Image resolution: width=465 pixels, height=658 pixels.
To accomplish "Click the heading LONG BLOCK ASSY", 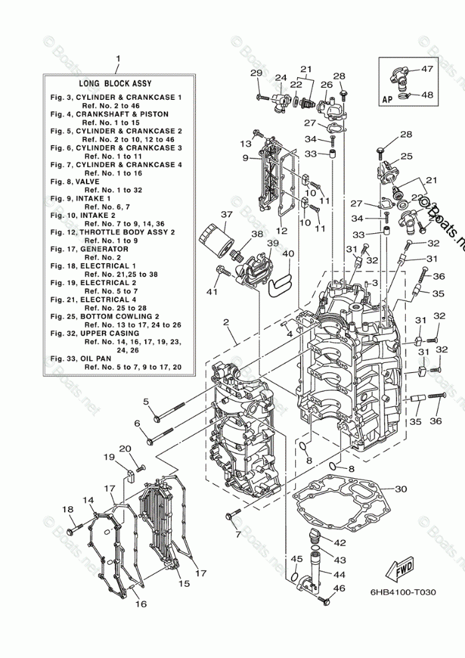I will [115, 84].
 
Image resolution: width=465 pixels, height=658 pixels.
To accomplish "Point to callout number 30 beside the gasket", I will [400, 489].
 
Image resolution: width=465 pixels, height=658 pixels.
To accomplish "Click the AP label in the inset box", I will [387, 99].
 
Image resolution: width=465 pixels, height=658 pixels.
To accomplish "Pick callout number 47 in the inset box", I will [427, 69].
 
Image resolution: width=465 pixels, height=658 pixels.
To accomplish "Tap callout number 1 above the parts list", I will [117, 59].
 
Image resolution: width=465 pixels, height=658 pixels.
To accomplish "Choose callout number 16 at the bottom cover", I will [141, 603].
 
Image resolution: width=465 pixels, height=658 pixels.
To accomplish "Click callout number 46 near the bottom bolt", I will [340, 588].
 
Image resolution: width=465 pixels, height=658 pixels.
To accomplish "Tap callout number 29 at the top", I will [256, 73].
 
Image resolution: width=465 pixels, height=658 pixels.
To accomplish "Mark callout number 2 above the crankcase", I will [227, 322].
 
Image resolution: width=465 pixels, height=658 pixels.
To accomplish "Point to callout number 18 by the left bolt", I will [67, 509].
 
